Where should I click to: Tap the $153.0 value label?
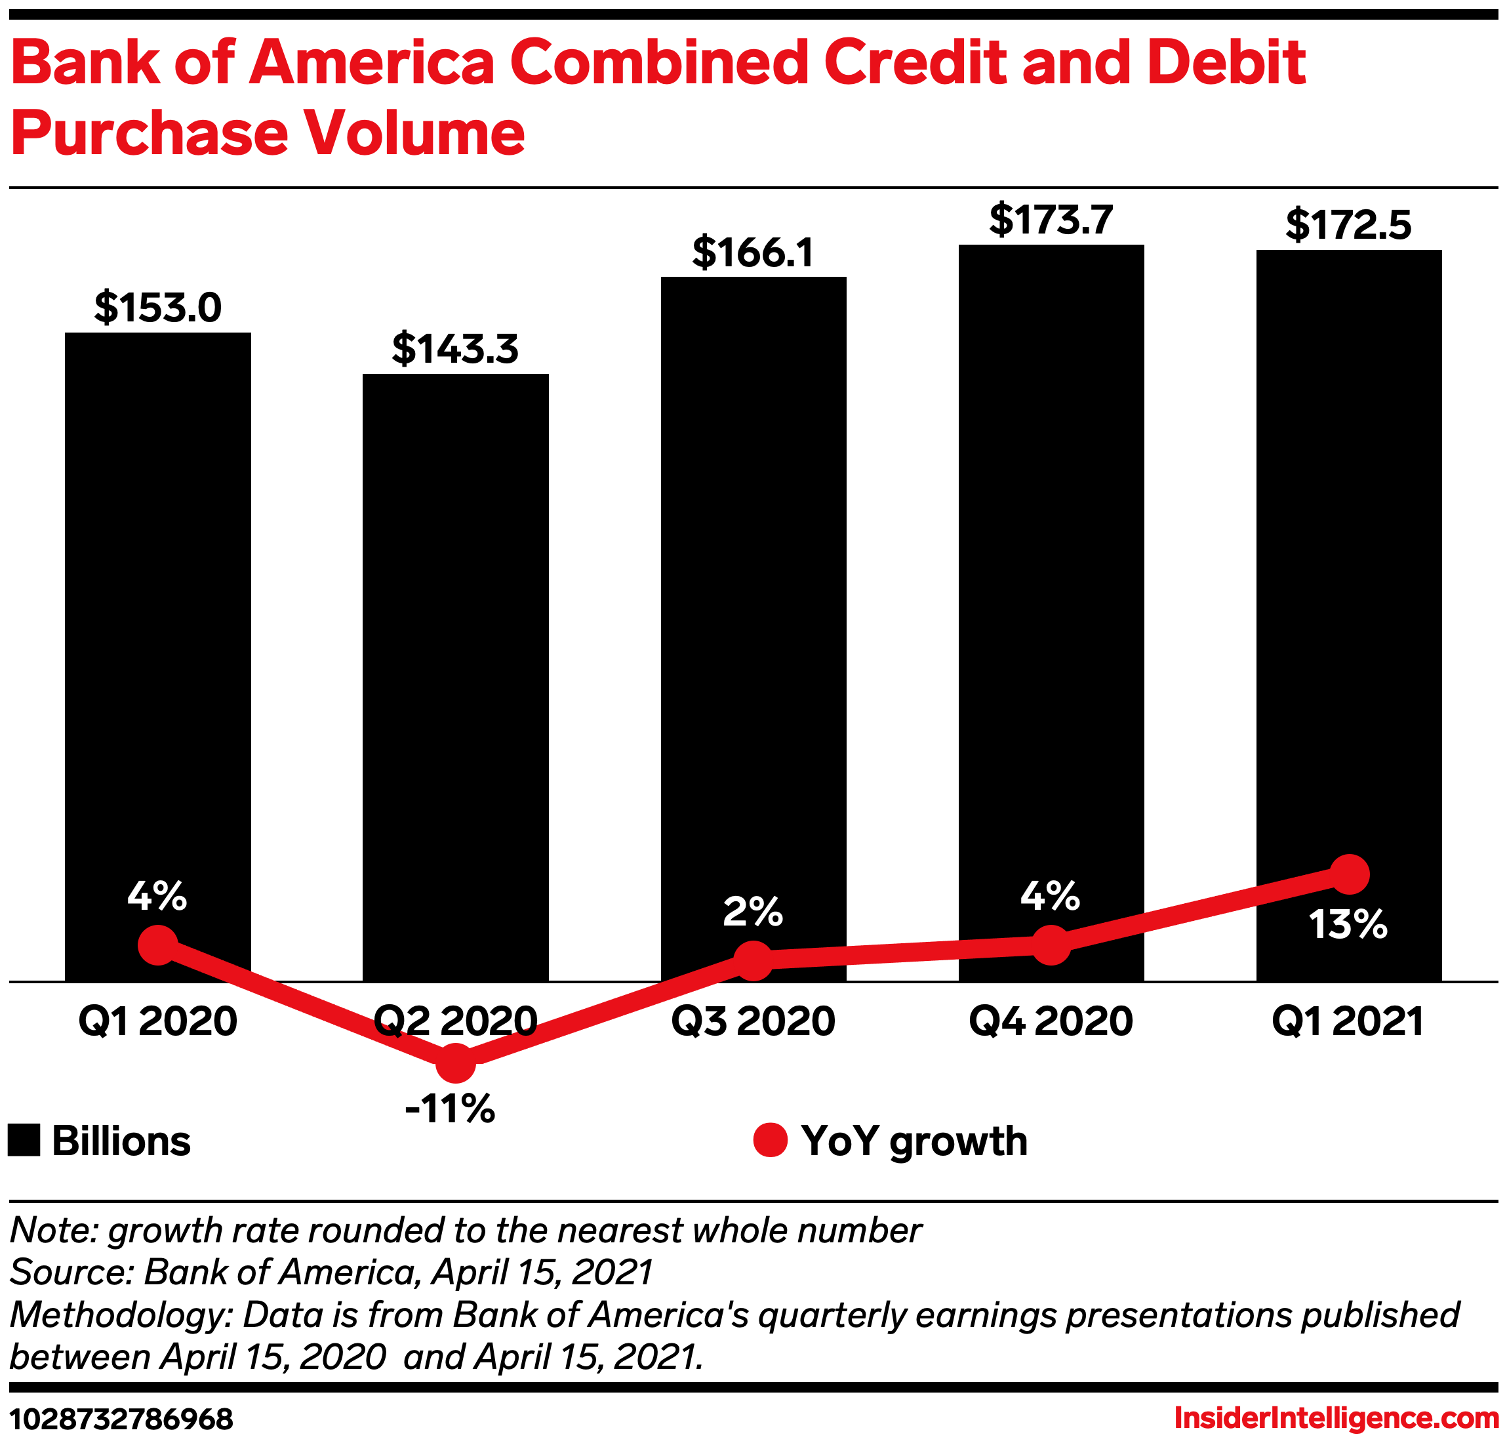[x=157, y=308]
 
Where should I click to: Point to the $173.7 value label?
[x=1051, y=220]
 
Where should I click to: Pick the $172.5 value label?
[x=1348, y=225]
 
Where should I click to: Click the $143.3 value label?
[x=455, y=349]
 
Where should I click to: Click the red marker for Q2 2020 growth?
[x=455, y=1063]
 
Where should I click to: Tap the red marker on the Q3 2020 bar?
[x=753, y=960]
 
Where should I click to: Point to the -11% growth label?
[x=450, y=1109]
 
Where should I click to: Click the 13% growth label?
[x=1348, y=925]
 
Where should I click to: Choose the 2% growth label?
[x=753, y=912]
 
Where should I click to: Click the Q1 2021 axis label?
[x=1348, y=1022]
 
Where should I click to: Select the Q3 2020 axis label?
[x=753, y=1022]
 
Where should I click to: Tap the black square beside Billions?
[x=24, y=1140]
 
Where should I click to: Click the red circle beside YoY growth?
[x=770, y=1139]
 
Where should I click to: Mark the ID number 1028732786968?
[x=121, y=1419]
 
